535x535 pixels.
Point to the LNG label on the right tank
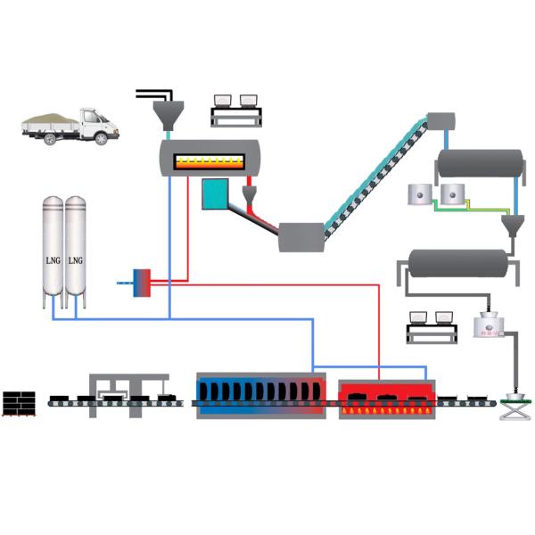click(x=76, y=260)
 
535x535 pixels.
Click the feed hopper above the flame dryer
click(x=167, y=113)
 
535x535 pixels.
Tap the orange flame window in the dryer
click(x=209, y=161)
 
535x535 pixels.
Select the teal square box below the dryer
click(x=215, y=193)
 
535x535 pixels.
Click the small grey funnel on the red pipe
click(x=251, y=193)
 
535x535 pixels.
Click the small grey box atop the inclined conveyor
click(x=440, y=120)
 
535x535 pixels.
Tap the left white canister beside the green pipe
click(x=416, y=195)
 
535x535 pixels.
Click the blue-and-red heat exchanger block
click(x=140, y=282)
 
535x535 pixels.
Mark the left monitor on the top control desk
click(x=223, y=99)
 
